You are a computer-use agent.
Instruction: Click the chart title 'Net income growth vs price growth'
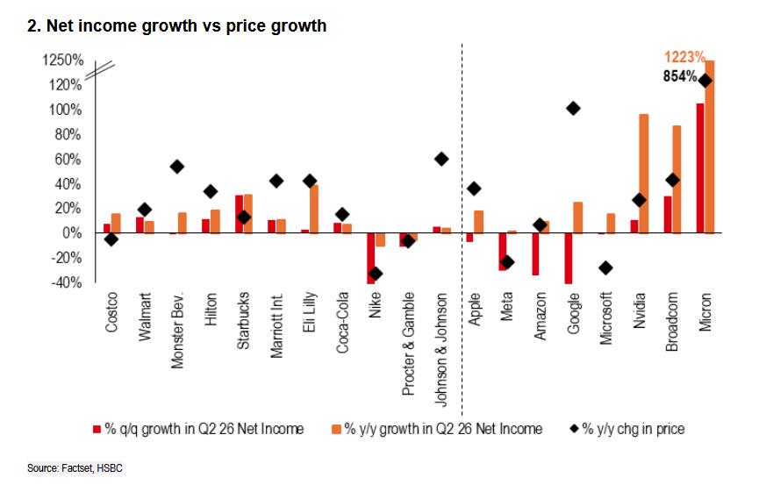186,25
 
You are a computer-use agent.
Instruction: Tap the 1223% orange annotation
684,57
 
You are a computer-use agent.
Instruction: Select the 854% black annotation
680,76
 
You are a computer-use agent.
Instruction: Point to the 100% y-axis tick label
65,110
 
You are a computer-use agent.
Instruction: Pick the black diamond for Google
573,109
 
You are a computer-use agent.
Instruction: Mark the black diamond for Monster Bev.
177,167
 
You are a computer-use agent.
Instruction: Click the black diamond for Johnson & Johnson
441,159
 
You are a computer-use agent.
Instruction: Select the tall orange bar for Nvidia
644,174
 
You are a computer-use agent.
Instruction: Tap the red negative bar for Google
569,259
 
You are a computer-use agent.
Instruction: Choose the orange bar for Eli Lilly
313,209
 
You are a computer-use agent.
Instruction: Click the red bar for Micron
700,168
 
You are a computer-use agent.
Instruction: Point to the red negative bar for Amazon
535,254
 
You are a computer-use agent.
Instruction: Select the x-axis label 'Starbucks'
243,320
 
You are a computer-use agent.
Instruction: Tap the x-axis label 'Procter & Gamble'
408,344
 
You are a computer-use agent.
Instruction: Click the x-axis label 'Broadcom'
671,321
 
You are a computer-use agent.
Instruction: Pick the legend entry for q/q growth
198,429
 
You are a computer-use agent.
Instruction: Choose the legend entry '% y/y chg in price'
627,429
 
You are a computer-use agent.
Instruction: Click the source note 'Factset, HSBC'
92,467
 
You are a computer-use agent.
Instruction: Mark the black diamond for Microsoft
605,267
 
